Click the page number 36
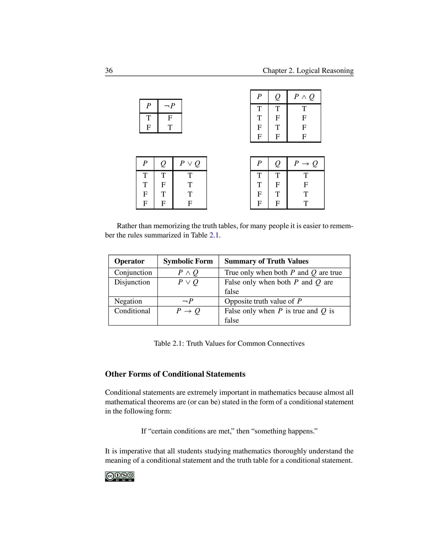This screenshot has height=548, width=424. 109,71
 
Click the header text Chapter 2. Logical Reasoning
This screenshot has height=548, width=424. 308,71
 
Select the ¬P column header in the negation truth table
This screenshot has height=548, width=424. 170,106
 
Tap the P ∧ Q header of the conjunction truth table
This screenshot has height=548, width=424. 304,97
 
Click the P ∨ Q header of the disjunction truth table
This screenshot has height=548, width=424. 190,164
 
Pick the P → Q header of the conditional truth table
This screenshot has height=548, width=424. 306,164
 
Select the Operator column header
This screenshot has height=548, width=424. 129,261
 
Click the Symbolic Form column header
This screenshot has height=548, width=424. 188,261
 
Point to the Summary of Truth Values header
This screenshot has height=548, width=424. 266,261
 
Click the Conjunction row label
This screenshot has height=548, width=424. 133,273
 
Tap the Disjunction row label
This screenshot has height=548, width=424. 132,282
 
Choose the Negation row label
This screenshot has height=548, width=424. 128,301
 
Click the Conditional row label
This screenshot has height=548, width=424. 132,311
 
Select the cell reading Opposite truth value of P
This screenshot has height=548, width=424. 263,301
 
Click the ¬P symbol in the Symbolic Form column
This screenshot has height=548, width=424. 188,301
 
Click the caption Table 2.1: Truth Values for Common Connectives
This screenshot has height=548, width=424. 229,343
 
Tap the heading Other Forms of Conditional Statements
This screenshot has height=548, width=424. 175,374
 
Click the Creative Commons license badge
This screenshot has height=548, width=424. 120,476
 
